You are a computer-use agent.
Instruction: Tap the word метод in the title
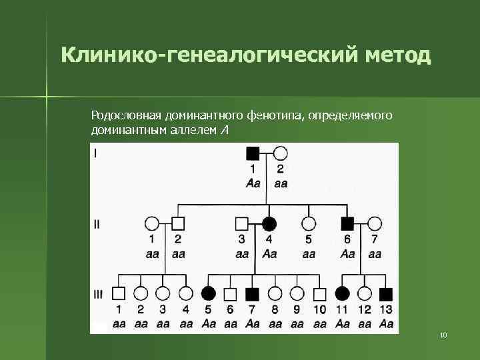398,55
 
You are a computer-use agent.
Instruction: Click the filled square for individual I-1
253,153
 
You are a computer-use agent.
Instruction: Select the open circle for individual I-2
281,153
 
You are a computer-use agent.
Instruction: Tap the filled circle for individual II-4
269,223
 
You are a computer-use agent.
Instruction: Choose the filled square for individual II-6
347,223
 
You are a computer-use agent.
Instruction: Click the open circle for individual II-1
152,223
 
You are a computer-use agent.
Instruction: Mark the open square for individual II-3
241,223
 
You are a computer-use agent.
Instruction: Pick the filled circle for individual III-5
208,293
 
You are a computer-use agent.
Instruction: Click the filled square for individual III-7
253,293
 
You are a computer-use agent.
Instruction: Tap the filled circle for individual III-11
342,293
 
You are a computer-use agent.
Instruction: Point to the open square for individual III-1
119,293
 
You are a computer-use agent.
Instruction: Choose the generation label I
95,154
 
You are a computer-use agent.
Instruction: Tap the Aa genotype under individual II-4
269,254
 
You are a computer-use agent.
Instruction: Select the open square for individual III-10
319,293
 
